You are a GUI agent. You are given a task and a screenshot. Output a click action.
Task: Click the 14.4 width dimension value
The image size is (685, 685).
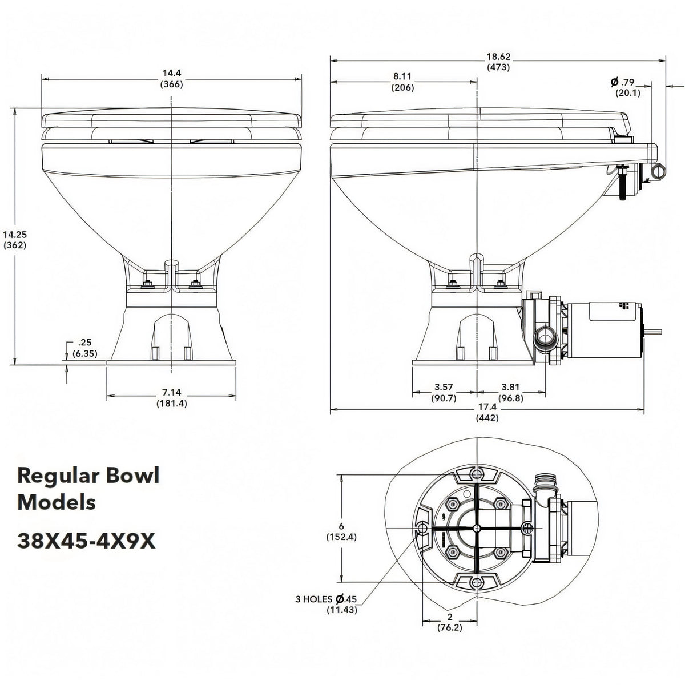(172, 73)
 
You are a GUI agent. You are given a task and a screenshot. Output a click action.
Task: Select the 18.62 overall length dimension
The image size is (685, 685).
(498, 57)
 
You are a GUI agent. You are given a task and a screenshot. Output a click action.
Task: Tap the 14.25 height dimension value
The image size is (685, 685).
(15, 234)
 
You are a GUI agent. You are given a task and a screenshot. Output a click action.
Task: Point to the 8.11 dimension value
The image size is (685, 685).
(402, 76)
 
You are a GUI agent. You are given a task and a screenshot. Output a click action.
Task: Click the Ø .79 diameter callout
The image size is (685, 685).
(622, 82)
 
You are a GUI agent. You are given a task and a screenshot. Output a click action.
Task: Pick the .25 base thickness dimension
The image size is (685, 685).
(84, 342)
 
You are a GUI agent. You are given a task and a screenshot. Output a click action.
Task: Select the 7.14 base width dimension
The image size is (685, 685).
(171, 392)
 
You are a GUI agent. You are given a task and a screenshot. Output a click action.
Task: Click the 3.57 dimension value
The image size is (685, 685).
(444, 387)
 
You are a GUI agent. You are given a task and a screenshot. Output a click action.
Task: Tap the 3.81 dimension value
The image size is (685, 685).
(510, 387)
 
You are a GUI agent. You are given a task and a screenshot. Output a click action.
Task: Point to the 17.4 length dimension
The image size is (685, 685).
(487, 406)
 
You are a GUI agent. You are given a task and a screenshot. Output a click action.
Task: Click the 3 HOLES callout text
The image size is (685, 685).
(314, 599)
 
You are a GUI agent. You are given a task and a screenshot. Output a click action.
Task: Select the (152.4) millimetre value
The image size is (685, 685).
(341, 537)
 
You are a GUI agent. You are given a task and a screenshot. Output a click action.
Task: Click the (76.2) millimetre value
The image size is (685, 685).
(450, 628)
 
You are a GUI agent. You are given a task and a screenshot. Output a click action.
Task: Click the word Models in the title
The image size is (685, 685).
(57, 503)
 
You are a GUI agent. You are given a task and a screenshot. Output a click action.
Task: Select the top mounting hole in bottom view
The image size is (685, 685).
(477, 473)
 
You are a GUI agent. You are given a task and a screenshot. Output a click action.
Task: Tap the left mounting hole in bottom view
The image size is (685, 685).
(422, 528)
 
